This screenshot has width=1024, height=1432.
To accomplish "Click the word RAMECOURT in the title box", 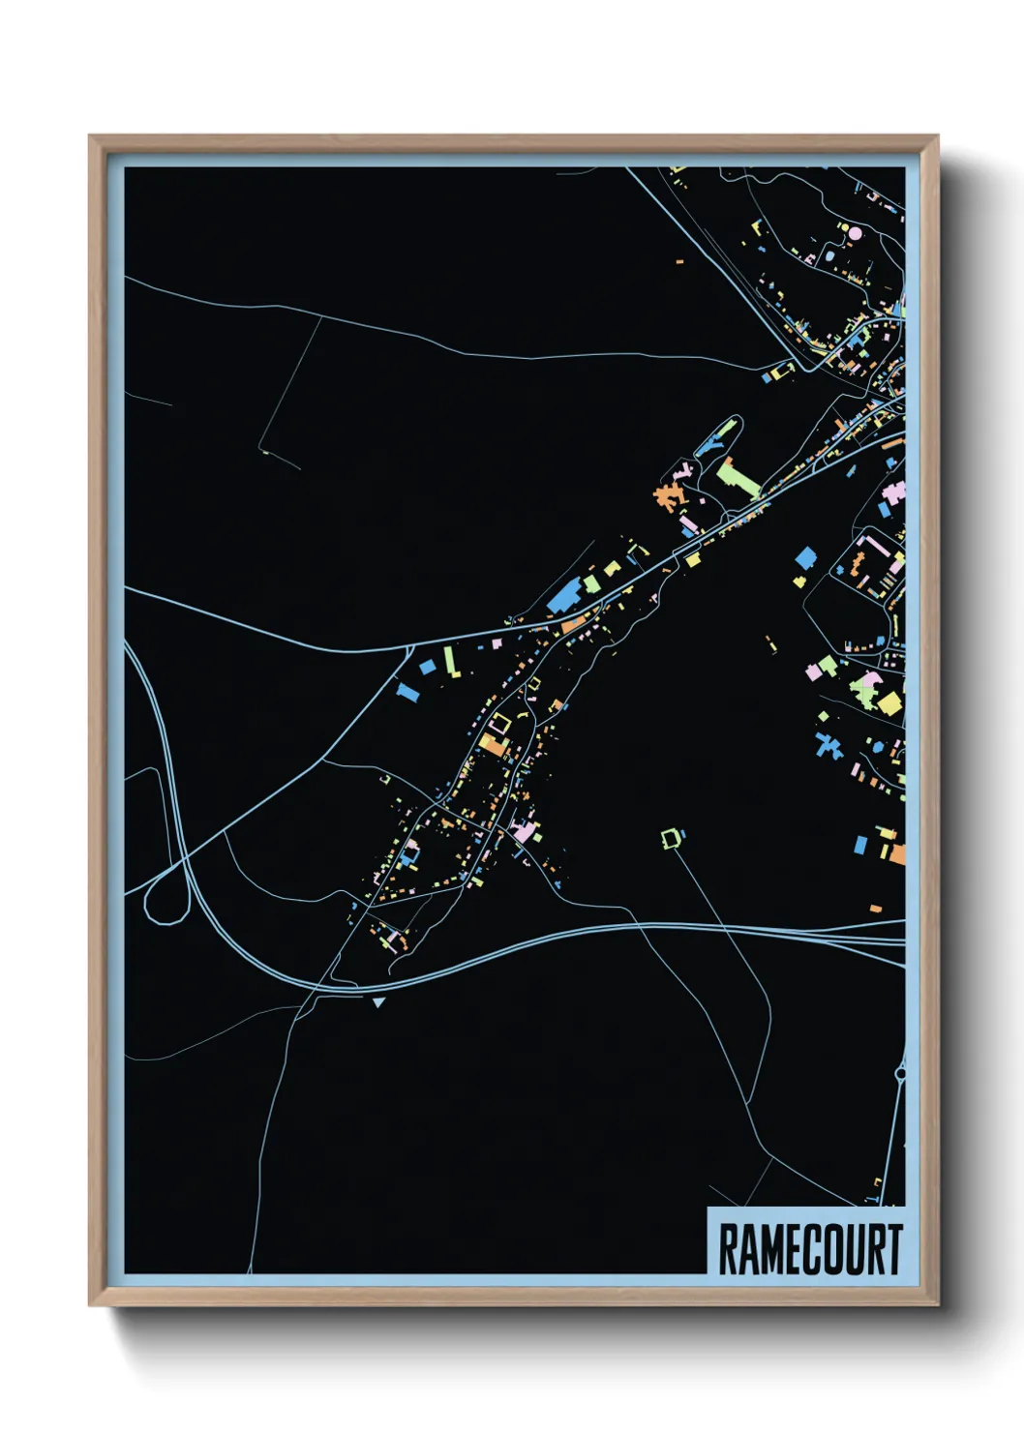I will pyautogui.click(x=810, y=1249).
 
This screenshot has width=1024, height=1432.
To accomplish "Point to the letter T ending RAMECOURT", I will pyautogui.click(x=893, y=1249).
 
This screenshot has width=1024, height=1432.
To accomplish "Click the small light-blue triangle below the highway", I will pyautogui.click(x=378, y=1002).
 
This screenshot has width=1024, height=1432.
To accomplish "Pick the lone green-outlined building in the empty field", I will pyautogui.click(x=671, y=837).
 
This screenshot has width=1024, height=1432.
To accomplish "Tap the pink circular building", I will pyautogui.click(x=855, y=232).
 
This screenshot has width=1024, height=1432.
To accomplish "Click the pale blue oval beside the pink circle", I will pyautogui.click(x=829, y=257).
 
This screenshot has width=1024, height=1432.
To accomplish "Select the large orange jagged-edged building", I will pyautogui.click(x=666, y=495).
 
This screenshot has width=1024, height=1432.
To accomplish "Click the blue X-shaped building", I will pyautogui.click(x=828, y=745).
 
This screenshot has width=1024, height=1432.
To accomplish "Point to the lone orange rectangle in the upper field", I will pyautogui.click(x=679, y=261).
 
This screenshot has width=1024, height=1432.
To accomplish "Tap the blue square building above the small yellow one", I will pyautogui.click(x=805, y=558).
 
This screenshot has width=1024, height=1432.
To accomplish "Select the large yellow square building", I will pyautogui.click(x=889, y=702).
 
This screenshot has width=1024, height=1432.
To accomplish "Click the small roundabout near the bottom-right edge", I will pyautogui.click(x=901, y=1072).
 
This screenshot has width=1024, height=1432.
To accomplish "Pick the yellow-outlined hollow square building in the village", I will pyautogui.click(x=499, y=724).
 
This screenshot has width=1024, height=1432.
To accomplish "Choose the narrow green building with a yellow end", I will pyautogui.click(x=450, y=662).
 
